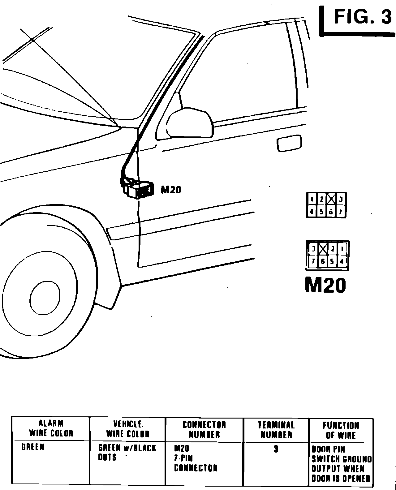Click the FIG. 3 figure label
362,17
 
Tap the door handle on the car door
289,143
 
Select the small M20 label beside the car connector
171,189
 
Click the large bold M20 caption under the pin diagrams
325,285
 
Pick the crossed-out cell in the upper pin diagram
331,199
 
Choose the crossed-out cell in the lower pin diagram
323,249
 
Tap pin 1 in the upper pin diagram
313,199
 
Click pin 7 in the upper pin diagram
341,212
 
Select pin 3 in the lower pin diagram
313,249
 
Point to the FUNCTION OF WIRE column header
341,430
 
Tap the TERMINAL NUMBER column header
276,430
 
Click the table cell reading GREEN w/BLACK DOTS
127,453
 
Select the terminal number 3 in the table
276,449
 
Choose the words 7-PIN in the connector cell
183,458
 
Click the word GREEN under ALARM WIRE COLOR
33,447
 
